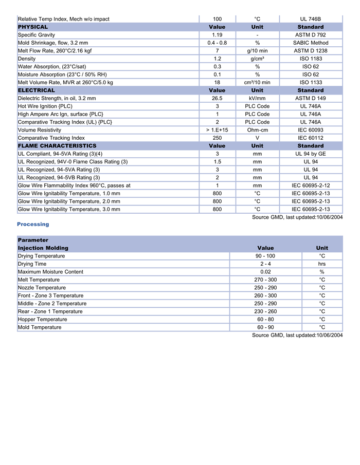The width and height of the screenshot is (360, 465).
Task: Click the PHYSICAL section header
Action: [x=33, y=27]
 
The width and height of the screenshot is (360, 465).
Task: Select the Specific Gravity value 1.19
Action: [x=217, y=35]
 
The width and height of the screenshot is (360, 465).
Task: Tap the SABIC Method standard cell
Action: [x=311, y=43]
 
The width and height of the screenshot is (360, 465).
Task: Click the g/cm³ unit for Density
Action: [x=257, y=59]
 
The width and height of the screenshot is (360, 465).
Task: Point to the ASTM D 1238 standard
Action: [x=311, y=51]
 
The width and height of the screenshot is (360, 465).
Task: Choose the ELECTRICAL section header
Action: [x=37, y=90]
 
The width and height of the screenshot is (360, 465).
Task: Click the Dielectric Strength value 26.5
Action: [x=217, y=98]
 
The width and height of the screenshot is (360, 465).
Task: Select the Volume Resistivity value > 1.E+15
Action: [x=217, y=130]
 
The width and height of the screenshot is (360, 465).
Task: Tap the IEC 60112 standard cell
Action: [x=311, y=138]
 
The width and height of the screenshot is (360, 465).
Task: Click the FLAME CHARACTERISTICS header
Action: [x=57, y=146]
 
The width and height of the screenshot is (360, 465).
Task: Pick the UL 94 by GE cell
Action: [x=311, y=154]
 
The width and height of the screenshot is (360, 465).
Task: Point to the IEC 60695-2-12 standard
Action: [x=311, y=185]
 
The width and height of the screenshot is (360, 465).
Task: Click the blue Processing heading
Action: [x=33, y=224]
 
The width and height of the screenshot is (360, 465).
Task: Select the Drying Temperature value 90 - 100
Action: [x=265, y=256]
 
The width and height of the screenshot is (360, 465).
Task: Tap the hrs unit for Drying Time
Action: [x=322, y=264]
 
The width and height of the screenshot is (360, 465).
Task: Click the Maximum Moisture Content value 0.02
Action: [x=265, y=272]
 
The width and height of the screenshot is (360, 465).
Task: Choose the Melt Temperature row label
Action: [x=39, y=280]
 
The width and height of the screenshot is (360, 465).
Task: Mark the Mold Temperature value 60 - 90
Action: [x=265, y=327]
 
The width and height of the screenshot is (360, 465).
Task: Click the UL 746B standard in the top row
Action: [x=311, y=19]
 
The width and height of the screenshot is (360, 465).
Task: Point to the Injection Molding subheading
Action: [x=43, y=248]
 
